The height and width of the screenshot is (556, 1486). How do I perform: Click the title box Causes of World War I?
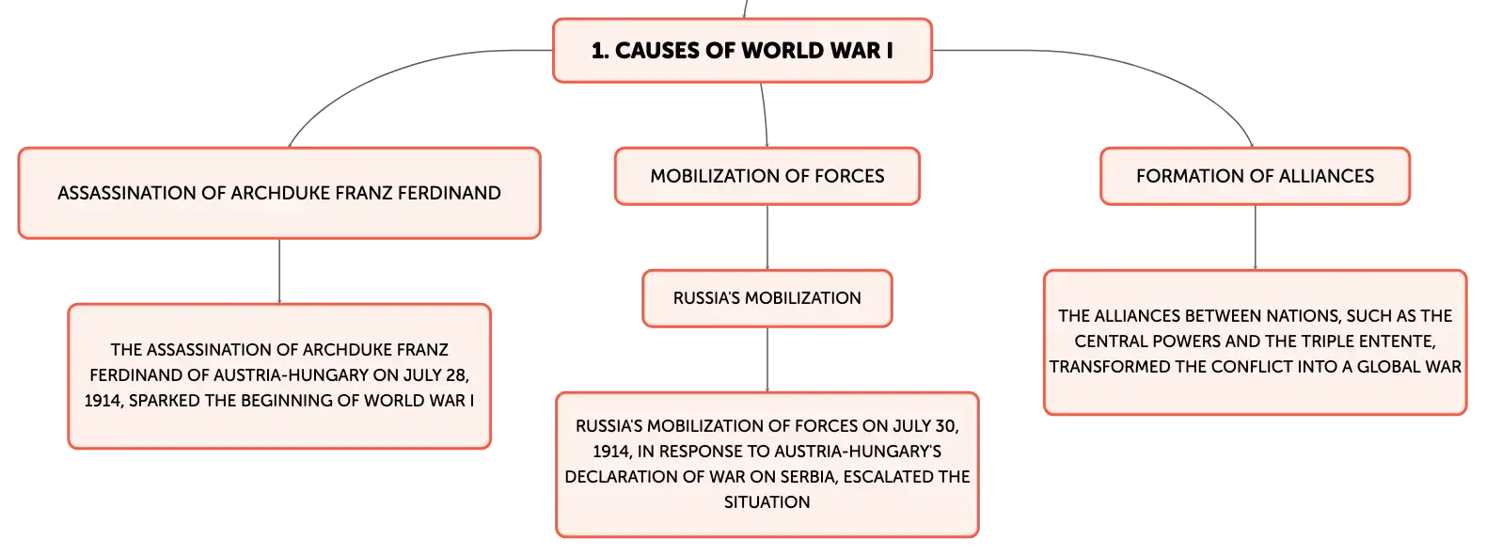(742, 51)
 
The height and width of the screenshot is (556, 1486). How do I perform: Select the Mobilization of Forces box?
(767, 176)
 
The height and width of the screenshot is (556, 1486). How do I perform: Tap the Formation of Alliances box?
(1256, 176)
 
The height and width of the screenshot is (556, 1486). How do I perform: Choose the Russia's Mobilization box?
(767, 298)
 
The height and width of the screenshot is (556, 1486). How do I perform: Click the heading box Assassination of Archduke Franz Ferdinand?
(279, 193)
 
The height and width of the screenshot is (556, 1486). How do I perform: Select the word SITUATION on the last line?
(767, 502)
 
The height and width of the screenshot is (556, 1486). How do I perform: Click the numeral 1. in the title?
(600, 51)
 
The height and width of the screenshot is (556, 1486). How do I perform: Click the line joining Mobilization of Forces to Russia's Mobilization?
(767, 237)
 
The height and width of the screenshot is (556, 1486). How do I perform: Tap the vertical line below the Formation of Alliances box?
(1256, 237)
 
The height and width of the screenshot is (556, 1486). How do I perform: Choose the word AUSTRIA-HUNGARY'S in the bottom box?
(858, 452)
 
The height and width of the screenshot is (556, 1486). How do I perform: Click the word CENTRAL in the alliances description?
(1107, 342)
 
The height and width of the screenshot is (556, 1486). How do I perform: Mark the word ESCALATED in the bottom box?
(888, 477)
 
